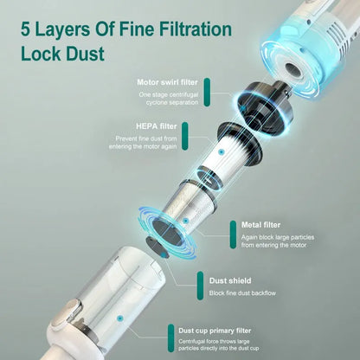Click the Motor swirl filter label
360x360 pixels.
(172, 82)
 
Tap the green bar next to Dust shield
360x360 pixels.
(200, 286)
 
